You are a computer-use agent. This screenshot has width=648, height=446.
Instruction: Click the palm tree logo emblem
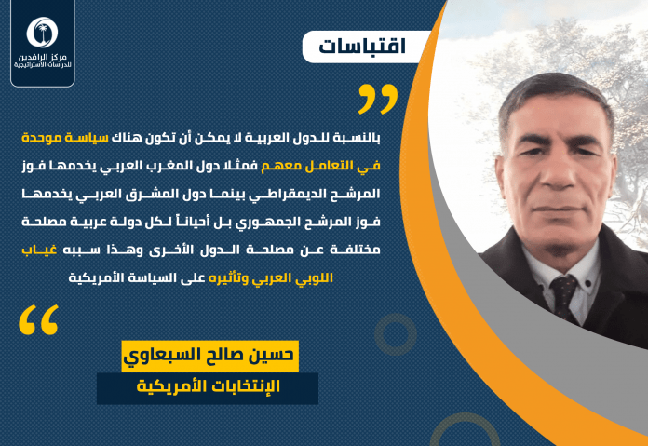(42, 33)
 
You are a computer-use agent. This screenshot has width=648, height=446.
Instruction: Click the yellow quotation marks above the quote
(378, 99)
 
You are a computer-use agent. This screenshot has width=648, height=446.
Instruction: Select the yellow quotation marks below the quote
(38, 319)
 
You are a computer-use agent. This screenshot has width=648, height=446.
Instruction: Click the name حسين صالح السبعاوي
(209, 356)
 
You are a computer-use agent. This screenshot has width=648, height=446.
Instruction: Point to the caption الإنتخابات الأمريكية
(209, 387)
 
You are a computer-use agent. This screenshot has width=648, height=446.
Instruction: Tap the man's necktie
(563, 296)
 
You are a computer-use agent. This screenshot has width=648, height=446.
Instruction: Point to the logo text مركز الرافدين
(43, 57)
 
